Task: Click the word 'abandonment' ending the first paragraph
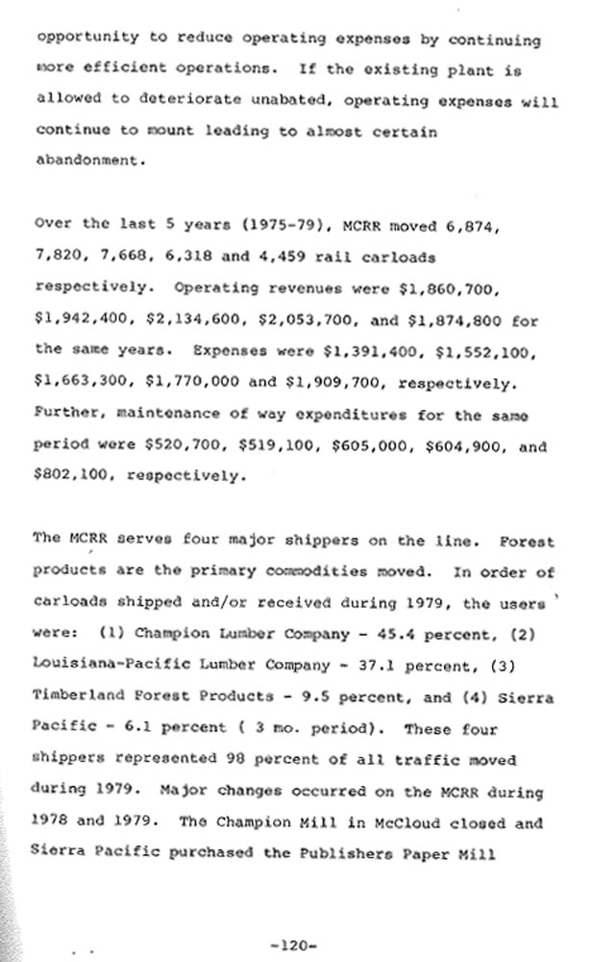(x=89, y=161)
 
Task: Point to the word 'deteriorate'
(x=169, y=100)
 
